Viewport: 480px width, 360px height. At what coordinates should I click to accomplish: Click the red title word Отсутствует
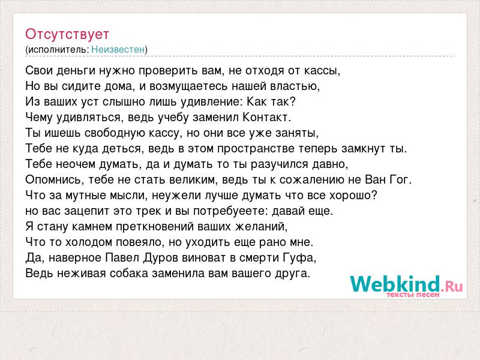[67, 34]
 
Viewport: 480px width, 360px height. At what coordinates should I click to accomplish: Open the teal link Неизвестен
[118, 50]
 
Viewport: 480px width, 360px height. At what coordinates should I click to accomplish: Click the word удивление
[212, 102]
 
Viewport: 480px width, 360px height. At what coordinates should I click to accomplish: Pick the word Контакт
[266, 117]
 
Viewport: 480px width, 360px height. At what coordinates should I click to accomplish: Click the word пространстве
[256, 149]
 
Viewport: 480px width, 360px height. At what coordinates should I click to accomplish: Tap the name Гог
[400, 179]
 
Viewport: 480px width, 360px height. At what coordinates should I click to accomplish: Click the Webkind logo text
[406, 284]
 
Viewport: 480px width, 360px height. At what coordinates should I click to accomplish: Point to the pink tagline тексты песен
[413, 295]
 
